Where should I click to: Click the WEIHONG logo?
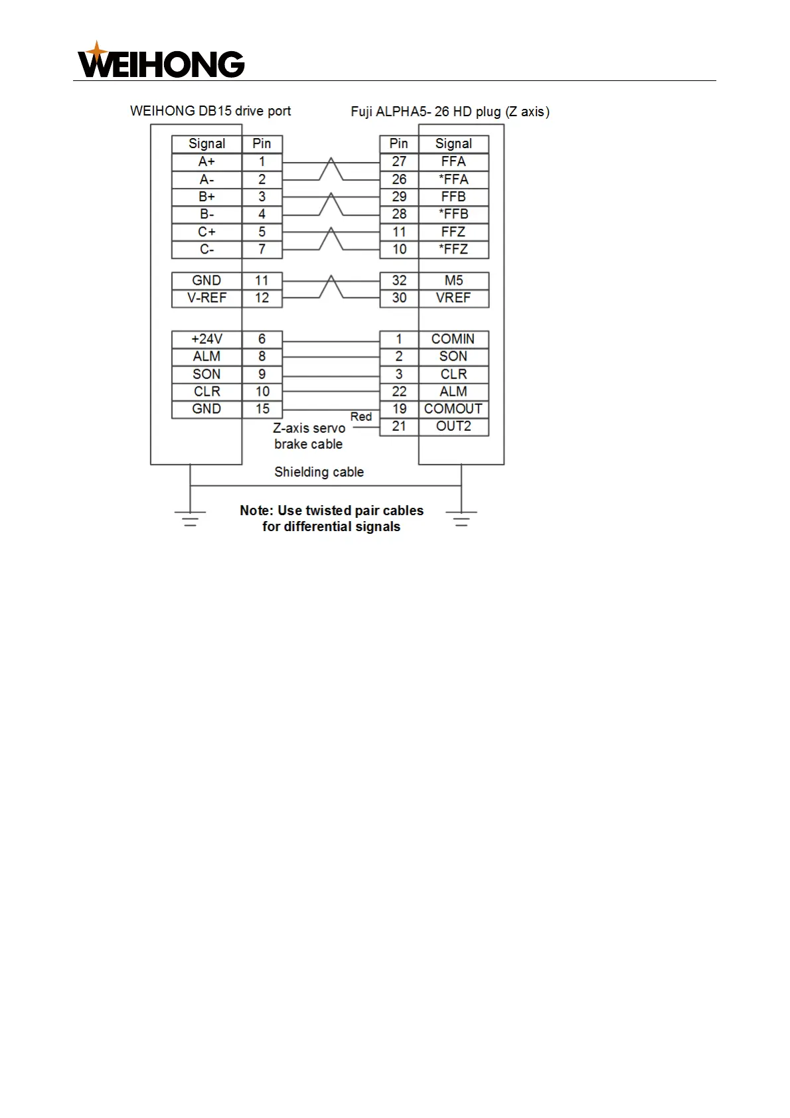(x=161, y=61)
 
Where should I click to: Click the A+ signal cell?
(x=206, y=162)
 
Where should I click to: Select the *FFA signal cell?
(x=453, y=179)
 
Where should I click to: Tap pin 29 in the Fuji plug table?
(x=399, y=197)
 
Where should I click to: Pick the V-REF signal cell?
(x=206, y=298)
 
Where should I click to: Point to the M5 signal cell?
(x=453, y=281)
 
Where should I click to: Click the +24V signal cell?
(x=206, y=339)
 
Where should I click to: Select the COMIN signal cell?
(x=453, y=339)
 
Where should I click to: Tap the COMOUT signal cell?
(x=453, y=409)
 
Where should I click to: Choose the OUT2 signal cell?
(x=453, y=426)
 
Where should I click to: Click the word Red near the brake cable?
(x=361, y=416)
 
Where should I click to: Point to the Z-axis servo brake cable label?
(x=309, y=436)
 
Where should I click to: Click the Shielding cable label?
(x=319, y=472)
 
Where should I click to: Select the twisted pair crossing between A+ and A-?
(x=331, y=170)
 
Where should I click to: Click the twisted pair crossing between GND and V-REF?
(x=331, y=289)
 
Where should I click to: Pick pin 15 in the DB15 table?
(x=262, y=409)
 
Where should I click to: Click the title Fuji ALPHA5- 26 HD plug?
(x=450, y=112)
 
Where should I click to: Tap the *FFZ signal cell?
(x=453, y=250)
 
